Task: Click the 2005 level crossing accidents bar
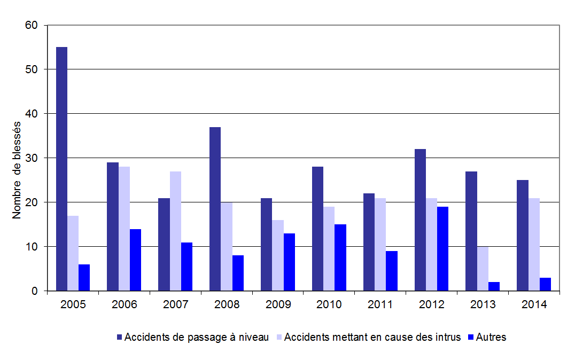pyautogui.click(x=61, y=169)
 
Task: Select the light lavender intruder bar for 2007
pyautogui.click(x=175, y=231)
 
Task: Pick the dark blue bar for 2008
pyautogui.click(x=215, y=209)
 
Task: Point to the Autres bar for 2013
pyautogui.click(x=494, y=286)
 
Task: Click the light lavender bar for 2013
pyautogui.click(x=483, y=269)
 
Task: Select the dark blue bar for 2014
pyautogui.click(x=522, y=236)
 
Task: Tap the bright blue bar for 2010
pyautogui.click(x=340, y=257)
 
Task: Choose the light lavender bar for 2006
pyautogui.click(x=124, y=229)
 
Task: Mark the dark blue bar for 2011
pyautogui.click(x=369, y=242)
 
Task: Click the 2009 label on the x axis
pyautogui.click(x=278, y=305)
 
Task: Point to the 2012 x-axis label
pyautogui.click(x=432, y=305)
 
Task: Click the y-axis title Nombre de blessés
pyautogui.click(x=17, y=170)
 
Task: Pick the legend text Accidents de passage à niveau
pyautogui.click(x=196, y=337)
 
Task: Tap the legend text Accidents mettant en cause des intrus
pyautogui.click(x=372, y=337)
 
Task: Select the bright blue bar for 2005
pyautogui.click(x=84, y=278)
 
